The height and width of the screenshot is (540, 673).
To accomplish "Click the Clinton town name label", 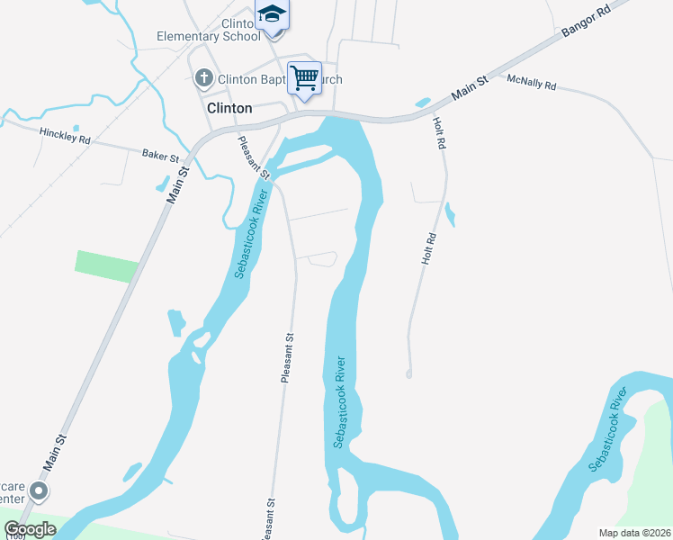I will point(229,107).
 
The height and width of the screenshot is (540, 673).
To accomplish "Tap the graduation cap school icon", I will point(272,15).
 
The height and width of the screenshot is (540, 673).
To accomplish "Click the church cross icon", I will point(203,78).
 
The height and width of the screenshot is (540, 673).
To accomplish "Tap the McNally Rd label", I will point(532,84).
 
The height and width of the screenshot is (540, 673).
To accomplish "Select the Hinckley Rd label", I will point(65,136).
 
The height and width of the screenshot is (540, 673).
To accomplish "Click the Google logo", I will point(30,529).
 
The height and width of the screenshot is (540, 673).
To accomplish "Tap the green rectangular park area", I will point(106,266).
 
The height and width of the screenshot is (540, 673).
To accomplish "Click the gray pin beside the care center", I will point(39,491).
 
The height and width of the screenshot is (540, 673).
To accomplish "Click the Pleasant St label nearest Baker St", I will point(254,156).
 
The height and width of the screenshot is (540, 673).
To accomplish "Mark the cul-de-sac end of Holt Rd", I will point(408,373).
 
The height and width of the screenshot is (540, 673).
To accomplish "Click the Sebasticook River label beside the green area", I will point(607,429).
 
